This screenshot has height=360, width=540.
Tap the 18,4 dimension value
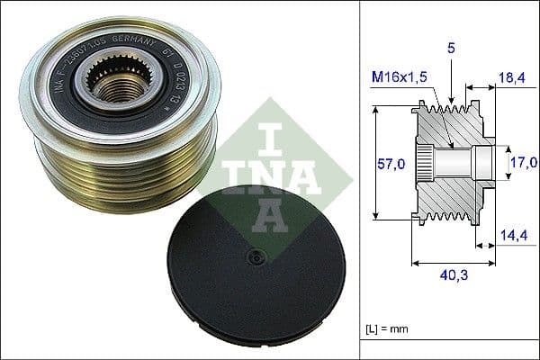pyautogui.click(x=512, y=80)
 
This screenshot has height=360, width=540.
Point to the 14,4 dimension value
pyautogui.click(x=511, y=237)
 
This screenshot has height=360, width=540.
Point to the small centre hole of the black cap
pyautogui.click(x=256, y=256)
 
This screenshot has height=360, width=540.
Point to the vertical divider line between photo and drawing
pyautogui.click(x=361, y=180)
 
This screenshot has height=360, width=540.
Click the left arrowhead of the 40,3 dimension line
pyautogui.click(x=415, y=264)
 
